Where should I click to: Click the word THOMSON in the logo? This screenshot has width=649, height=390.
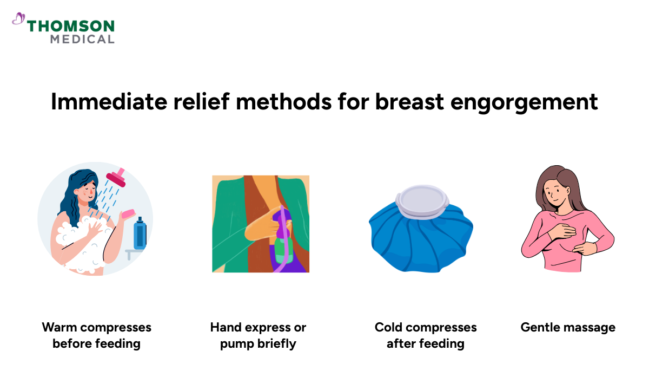[71, 26]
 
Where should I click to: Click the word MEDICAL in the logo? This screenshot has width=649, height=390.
[82, 39]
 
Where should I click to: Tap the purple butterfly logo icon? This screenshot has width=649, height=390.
[18, 20]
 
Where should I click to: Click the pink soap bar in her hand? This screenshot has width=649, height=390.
[128, 214]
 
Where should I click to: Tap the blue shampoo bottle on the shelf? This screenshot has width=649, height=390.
[140, 233]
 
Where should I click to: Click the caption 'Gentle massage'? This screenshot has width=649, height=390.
[568, 327]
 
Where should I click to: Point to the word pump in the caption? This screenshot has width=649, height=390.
[235, 344]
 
